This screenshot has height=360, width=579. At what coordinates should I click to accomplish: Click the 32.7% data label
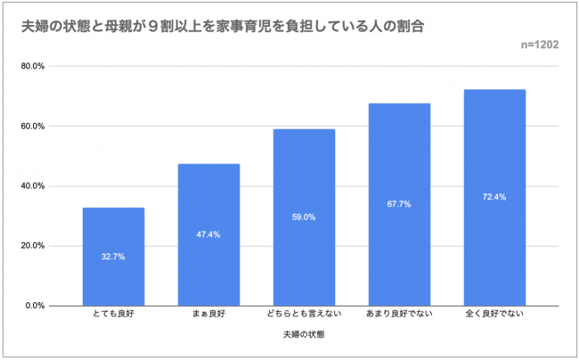113,257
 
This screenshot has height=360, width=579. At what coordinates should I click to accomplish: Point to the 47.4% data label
208,234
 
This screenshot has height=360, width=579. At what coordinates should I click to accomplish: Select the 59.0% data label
305,217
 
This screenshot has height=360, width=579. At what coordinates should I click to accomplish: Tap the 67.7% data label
400,204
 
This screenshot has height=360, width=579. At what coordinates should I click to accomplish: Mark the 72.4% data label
495,197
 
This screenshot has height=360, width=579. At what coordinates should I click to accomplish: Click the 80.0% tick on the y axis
33,66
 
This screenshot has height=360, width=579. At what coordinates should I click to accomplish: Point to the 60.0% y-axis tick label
33,126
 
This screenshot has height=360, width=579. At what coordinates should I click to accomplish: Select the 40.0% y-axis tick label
33,186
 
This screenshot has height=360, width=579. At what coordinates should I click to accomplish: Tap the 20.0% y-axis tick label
33,246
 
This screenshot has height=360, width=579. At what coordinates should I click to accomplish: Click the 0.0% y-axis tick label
35,306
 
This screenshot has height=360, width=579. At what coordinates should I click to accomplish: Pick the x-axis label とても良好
113,315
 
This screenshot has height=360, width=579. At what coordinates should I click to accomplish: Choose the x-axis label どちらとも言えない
305,315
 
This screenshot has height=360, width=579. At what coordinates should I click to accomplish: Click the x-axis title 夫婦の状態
305,336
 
